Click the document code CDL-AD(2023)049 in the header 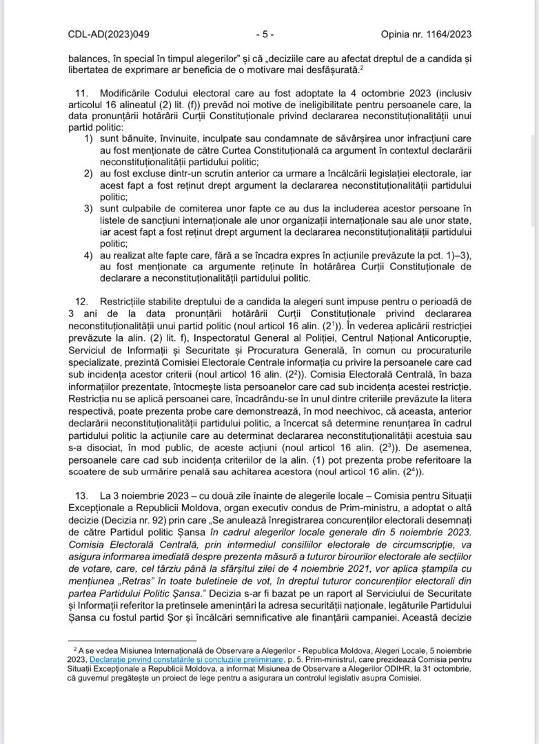(x=108, y=33)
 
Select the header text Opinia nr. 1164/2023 (x=427, y=33)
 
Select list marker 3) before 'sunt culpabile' (x=88, y=208)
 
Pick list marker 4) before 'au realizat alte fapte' (x=88, y=255)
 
